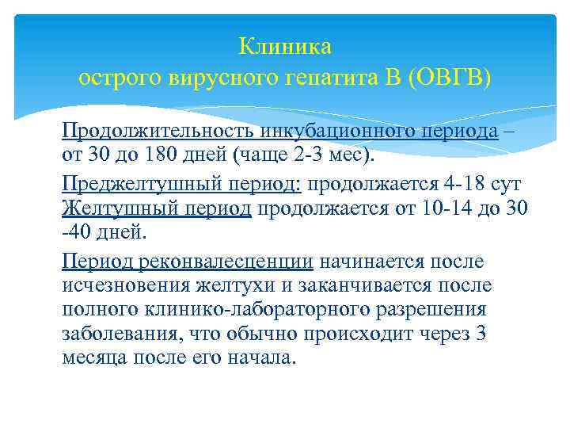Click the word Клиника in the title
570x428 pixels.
(x=285, y=47)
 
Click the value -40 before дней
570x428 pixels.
(x=78, y=232)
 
